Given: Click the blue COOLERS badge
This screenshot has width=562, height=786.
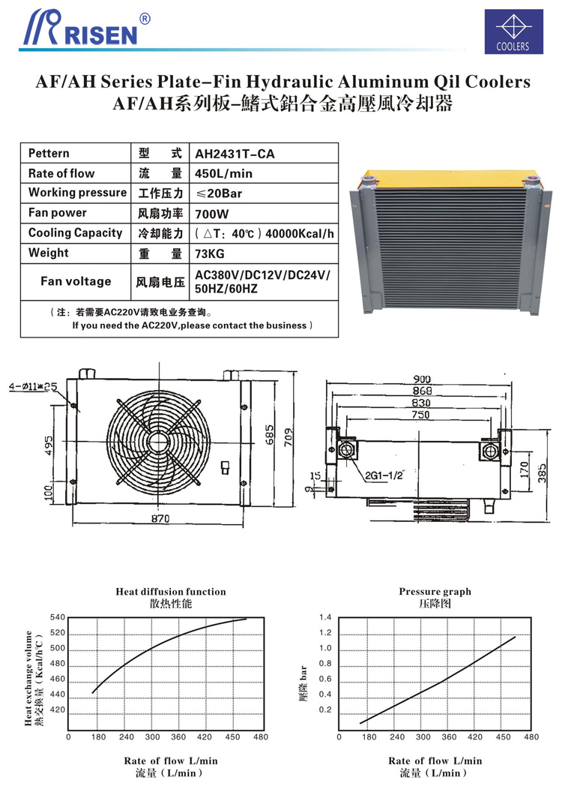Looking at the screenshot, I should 513,31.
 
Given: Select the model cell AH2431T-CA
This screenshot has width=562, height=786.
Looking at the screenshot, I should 235,154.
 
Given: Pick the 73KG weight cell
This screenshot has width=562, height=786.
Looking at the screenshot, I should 210,253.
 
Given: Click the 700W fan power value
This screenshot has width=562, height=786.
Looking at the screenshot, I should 209,213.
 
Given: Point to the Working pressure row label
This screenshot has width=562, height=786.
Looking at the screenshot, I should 77,193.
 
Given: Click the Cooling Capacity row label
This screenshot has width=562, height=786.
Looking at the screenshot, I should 75,233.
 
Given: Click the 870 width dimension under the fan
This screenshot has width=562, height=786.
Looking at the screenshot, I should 160,518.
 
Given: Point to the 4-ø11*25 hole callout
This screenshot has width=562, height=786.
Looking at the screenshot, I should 34,386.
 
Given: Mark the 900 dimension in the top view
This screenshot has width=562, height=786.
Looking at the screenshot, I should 421,379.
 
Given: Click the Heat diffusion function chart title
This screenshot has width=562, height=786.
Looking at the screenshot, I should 170,592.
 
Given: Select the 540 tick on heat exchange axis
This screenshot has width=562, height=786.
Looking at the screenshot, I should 58,617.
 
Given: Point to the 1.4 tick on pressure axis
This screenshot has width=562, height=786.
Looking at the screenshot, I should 324,617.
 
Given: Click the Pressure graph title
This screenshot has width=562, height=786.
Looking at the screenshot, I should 435,592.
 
